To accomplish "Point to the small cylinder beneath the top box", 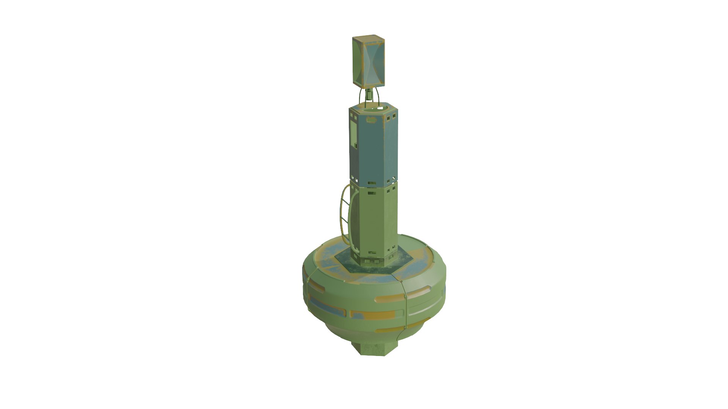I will [369, 95].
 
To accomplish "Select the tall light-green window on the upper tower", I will [354, 135].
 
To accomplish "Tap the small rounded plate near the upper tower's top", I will [371, 120].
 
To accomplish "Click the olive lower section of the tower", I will [373, 220].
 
